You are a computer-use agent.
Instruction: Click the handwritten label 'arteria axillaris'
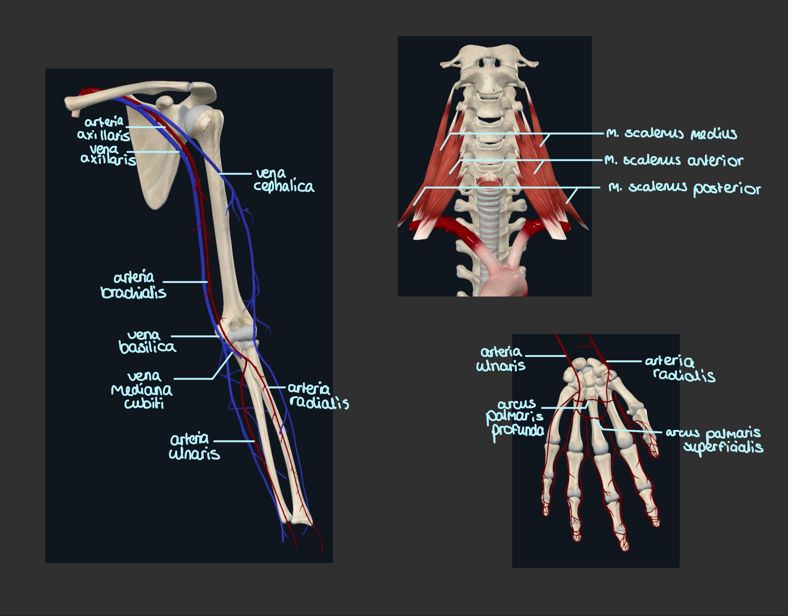coord(104,128)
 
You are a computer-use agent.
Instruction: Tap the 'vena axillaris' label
coord(108,155)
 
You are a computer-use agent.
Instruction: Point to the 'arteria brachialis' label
coord(133,285)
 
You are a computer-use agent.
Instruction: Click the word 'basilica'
coord(147,347)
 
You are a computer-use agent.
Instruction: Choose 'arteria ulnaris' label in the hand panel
coord(501,359)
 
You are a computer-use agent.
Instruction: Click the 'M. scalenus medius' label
coord(671,133)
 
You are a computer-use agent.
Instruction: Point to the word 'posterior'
coord(727,189)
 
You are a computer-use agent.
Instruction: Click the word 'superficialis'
coord(723,447)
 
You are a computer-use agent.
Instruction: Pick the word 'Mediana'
coord(141,390)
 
